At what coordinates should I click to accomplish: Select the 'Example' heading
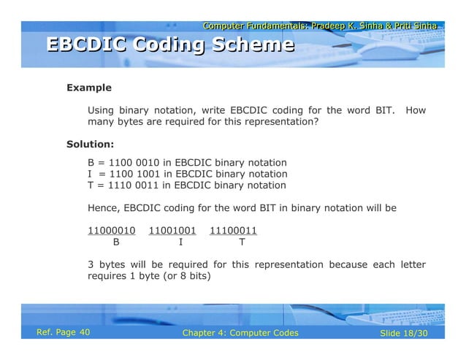pyautogui.click(x=88, y=88)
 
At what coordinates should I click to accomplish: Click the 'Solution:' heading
pyautogui.click(x=90, y=144)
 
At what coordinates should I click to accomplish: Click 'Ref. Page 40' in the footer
pyautogui.click(x=64, y=333)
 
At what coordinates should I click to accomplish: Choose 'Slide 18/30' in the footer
pyautogui.click(x=404, y=334)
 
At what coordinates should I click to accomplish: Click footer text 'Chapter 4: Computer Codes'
pyautogui.click(x=240, y=334)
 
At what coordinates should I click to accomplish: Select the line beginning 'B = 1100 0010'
pyautogui.click(x=187, y=162)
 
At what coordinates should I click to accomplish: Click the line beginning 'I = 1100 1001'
pyautogui.click(x=187, y=174)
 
